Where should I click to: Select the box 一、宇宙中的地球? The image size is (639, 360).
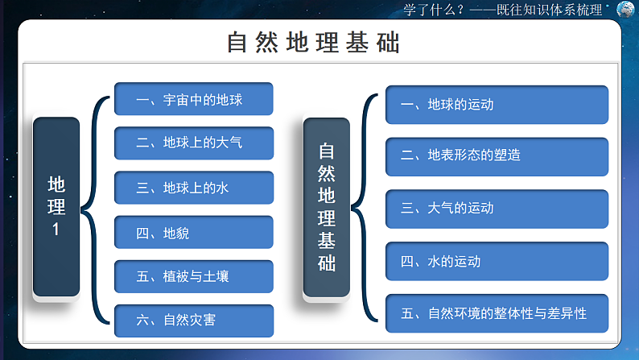point(194,100)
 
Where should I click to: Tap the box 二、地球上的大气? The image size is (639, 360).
point(194,143)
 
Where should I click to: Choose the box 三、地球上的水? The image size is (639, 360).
point(194,188)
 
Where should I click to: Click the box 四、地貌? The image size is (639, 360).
point(194,233)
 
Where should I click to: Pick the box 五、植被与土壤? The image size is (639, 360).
point(194,276)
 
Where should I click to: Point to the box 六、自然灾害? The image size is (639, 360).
point(194,321)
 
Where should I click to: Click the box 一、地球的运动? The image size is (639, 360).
point(497,105)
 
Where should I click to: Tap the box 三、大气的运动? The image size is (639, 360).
point(497,208)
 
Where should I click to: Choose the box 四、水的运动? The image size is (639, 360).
point(497,261)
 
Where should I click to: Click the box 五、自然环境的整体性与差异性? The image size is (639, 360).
point(497,313)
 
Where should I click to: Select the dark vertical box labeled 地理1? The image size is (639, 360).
point(56,206)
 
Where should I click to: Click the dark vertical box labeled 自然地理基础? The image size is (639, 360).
point(326,207)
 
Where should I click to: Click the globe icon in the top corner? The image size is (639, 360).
point(625,9)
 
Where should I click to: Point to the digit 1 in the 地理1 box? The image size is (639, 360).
point(56,230)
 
